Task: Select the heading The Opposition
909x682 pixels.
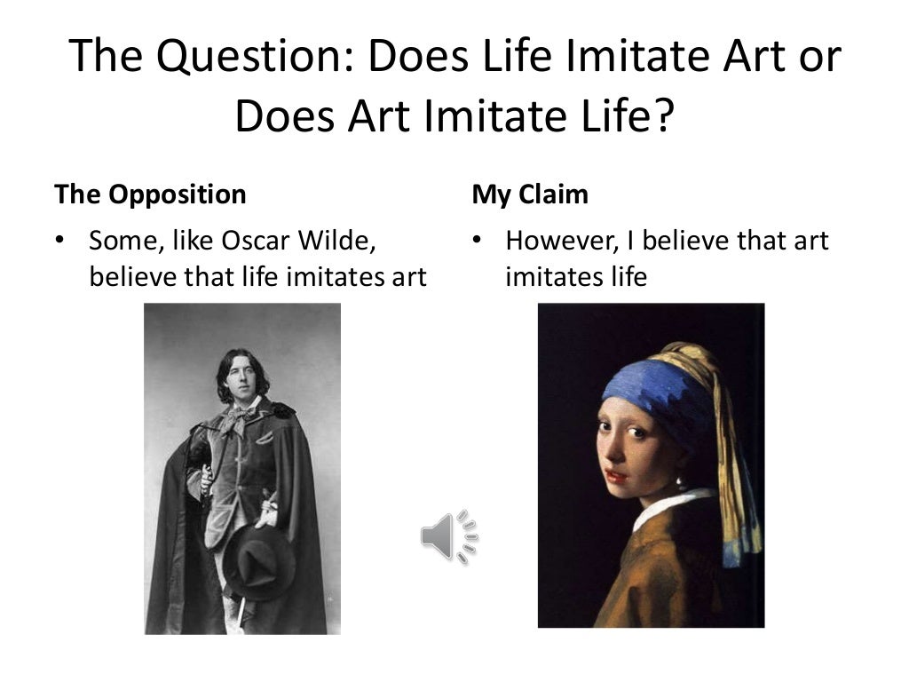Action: (150, 194)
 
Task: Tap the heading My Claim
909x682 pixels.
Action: (529, 194)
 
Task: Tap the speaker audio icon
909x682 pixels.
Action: (448, 536)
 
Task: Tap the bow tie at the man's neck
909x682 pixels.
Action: (238, 417)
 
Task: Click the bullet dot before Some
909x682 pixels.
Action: (60, 241)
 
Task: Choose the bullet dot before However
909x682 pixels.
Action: (477, 241)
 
